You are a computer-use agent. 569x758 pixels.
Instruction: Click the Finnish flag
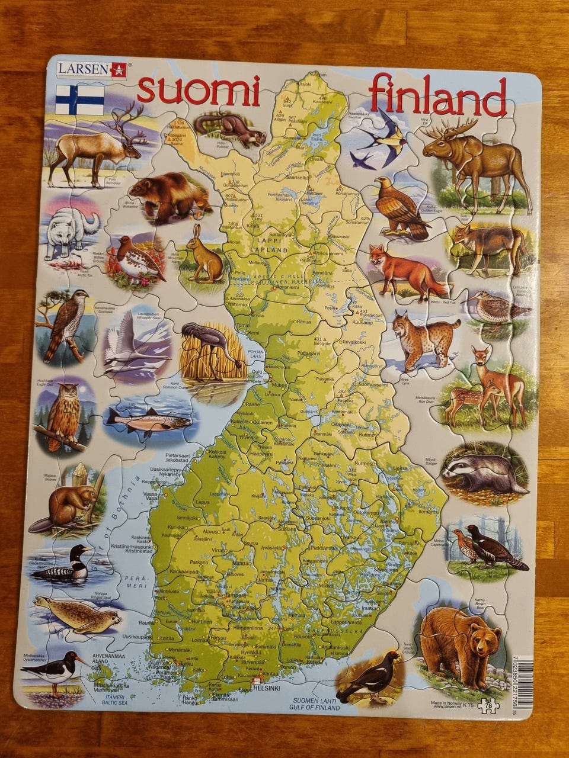[79, 100]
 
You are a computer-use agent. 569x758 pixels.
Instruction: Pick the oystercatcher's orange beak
[81, 659]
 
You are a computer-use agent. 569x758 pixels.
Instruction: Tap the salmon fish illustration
[148, 421]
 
